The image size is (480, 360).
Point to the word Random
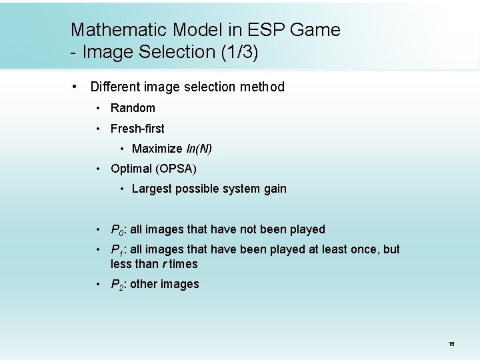[133, 108]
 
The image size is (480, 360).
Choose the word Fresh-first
[137, 128]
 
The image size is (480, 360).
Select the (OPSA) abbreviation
[175, 169]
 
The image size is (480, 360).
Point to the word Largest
[151, 189]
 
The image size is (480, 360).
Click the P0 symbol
[118, 230]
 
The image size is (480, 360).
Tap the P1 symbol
[118, 250]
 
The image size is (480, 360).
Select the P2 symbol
[118, 285]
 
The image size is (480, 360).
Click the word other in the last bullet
[145, 284]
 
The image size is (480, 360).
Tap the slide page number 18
[451, 344]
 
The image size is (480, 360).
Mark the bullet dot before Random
[98, 108]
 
